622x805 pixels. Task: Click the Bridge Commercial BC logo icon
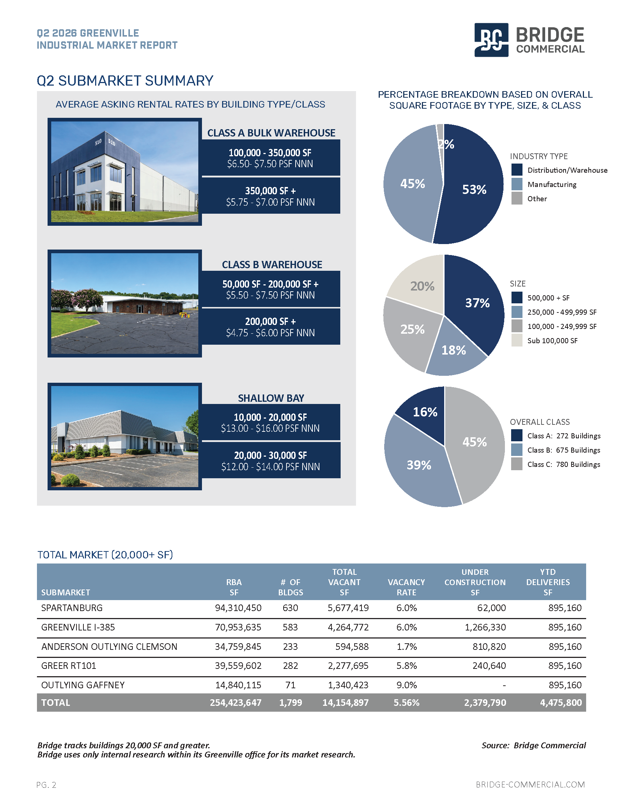point(491,40)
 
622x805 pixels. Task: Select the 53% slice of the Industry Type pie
point(473,188)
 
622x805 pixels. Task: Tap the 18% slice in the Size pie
point(455,348)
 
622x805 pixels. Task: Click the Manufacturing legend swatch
point(517,184)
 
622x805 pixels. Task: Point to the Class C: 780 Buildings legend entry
point(556,464)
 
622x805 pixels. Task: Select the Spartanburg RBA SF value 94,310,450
point(238,608)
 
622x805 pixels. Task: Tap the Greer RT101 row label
point(68,666)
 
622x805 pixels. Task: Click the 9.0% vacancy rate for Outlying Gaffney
point(406,685)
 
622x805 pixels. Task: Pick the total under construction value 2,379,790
point(485,703)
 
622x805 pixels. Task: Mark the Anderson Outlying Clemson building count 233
point(291,647)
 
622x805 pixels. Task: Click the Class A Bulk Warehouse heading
point(271,133)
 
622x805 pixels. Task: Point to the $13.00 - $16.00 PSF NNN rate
point(270,428)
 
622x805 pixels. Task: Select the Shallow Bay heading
point(271,398)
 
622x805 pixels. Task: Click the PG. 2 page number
point(46,785)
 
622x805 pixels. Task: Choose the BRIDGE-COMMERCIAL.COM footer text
point(530,785)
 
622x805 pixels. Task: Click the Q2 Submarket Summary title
point(125,80)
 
